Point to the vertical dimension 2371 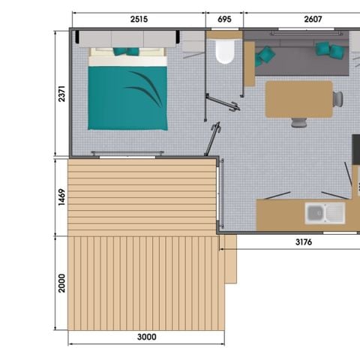[62, 94]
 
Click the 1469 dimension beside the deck [62, 196]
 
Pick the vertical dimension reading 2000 [62, 282]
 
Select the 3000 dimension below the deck [147, 337]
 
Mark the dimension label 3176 [303, 243]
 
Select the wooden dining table [298, 99]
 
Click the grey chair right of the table [338, 98]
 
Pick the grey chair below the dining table [299, 121]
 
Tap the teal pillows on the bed [126, 52]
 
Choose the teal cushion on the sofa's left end [265, 54]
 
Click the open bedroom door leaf [213, 139]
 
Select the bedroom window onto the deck [126, 154]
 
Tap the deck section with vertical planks [146, 281]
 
